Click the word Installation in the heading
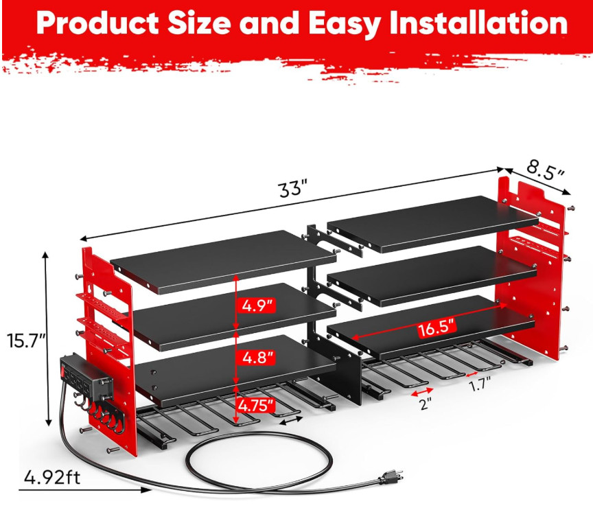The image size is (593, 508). (x=474, y=24)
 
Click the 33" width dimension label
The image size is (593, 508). (x=292, y=189)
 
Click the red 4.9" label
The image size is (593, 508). (x=255, y=305)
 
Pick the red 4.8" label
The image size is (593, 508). (x=255, y=357)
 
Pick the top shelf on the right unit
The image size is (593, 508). (x=432, y=221)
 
